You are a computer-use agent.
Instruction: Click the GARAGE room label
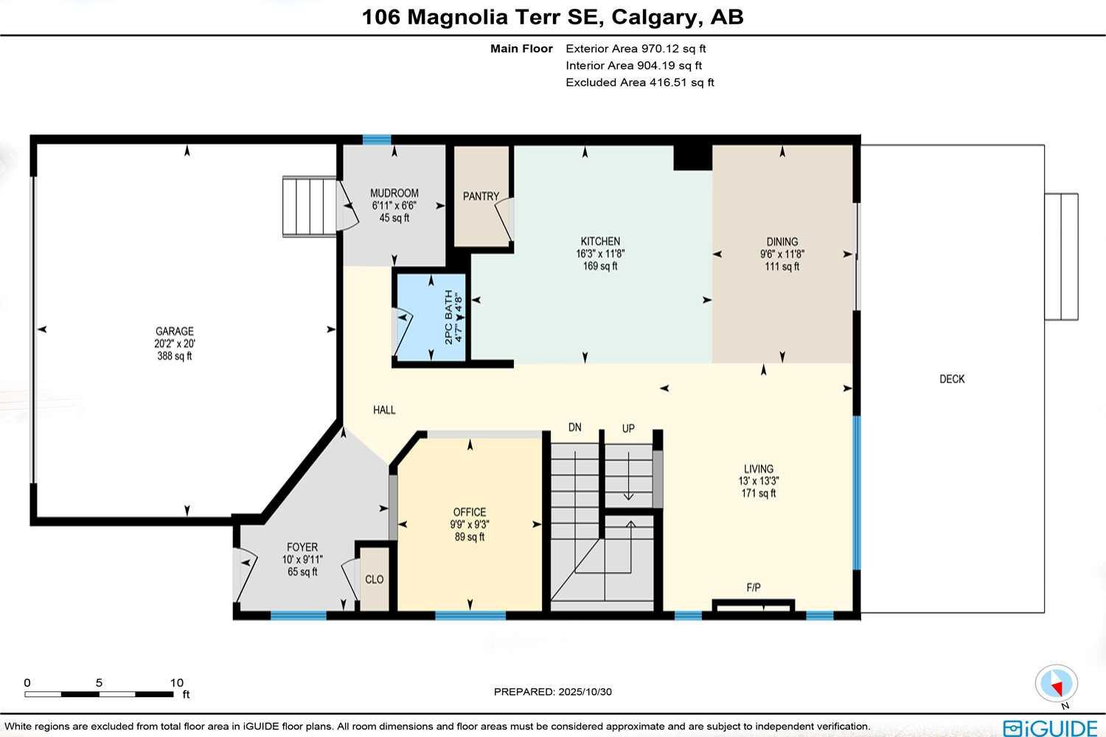point(175,332)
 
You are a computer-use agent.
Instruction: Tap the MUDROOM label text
point(394,193)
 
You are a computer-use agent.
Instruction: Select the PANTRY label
point(481,196)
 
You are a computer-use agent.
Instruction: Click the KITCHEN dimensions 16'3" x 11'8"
point(600,254)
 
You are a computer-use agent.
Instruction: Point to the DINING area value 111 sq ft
point(782,266)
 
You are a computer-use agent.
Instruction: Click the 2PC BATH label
point(448,317)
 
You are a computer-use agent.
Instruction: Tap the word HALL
point(384,410)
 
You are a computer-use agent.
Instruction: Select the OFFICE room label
point(470,512)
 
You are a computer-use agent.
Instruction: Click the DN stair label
point(575,427)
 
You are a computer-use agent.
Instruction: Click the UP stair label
point(628,428)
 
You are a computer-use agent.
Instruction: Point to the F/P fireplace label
point(754,587)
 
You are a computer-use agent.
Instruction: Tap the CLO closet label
point(375,579)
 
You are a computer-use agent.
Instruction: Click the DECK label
point(952,379)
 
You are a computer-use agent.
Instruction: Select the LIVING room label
point(759,469)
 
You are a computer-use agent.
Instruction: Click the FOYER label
point(302,548)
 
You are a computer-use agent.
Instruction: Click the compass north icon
point(1057,684)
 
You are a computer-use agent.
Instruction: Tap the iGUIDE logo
point(1050,727)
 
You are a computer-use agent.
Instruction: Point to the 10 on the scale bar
point(177,682)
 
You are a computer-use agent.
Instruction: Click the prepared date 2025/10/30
point(585,691)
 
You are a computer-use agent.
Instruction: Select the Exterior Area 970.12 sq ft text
point(636,49)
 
